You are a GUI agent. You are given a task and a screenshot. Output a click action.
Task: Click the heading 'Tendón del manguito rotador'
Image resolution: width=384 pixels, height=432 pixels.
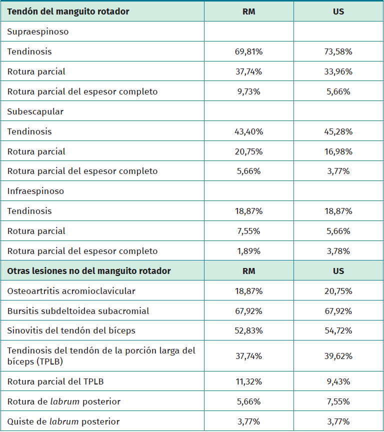coord(68,11)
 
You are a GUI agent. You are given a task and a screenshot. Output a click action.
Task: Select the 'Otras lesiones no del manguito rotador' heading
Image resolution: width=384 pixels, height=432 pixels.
coord(89,271)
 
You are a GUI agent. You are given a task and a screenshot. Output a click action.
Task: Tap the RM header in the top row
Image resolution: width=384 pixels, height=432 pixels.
coord(248,11)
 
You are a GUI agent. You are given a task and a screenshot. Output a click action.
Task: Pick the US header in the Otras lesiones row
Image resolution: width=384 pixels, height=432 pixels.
coord(338,271)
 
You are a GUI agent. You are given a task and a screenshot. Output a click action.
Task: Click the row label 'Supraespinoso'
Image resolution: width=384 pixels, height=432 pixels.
coord(38,31)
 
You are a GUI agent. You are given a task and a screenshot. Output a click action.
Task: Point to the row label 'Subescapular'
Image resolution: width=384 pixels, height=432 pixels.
coord(35,111)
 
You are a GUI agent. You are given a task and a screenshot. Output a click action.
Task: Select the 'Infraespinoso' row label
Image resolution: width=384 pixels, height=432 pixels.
coord(35,191)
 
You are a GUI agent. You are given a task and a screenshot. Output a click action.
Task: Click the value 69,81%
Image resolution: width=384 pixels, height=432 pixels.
coord(248,51)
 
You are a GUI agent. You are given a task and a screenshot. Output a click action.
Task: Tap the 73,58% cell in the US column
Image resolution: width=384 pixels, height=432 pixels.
coord(338,51)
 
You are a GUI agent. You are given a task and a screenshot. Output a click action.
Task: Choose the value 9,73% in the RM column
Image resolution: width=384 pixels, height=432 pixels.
coord(248,91)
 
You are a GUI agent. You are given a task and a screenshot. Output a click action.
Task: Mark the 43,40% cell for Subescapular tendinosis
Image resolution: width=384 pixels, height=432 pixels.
coord(248,131)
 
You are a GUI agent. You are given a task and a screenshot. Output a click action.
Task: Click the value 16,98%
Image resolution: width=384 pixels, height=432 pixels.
coord(338,151)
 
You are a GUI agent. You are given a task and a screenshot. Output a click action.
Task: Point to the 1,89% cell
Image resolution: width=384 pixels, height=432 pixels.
coord(248,251)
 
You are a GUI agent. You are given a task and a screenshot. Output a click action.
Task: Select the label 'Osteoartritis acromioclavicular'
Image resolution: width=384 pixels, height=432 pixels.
coord(71,291)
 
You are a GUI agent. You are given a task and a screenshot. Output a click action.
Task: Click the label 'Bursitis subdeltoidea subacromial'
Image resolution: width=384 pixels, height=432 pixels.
coord(78,311)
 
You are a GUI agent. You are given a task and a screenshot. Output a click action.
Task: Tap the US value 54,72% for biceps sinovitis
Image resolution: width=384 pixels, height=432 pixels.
coord(338,330)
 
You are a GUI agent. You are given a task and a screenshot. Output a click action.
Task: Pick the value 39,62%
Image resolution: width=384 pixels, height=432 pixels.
coord(338,356)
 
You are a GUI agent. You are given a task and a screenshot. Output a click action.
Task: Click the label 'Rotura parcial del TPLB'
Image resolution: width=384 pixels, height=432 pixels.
coord(55,381)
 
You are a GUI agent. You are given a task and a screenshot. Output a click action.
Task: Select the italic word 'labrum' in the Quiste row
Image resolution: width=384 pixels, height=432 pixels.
coord(64,421)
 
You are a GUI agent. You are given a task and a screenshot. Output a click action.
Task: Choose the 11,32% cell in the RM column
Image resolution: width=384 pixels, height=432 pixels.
coord(248,381)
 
